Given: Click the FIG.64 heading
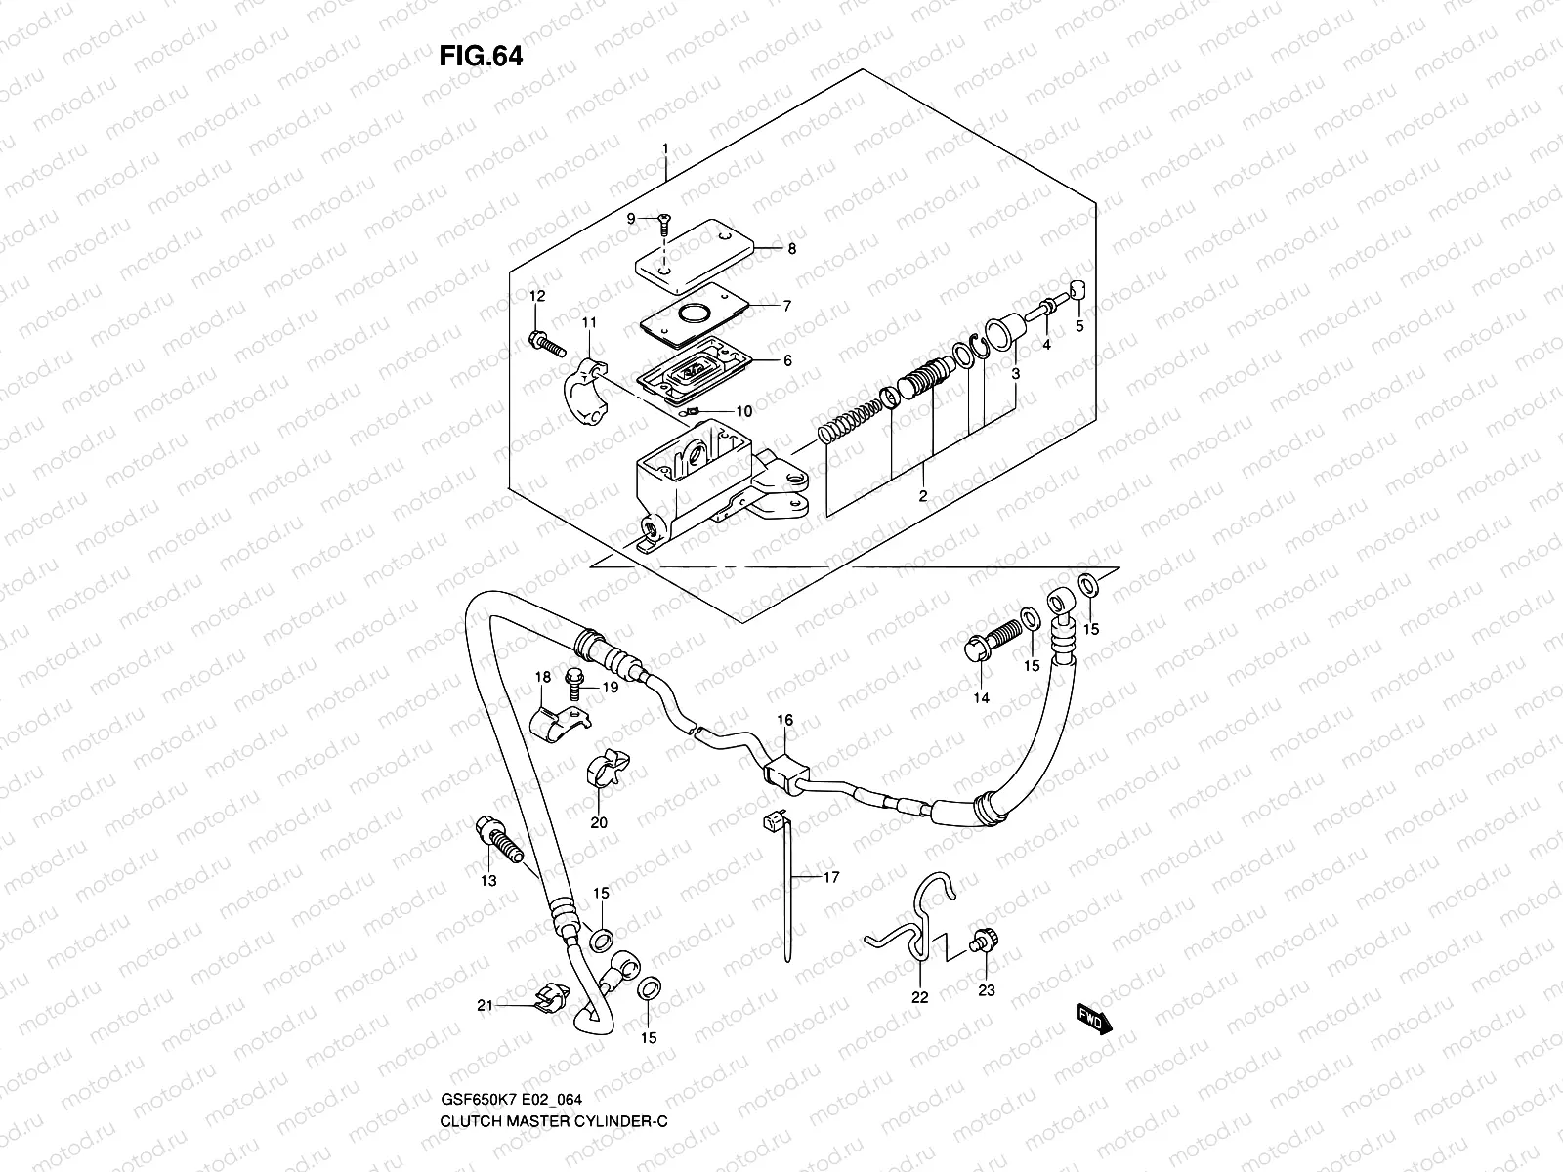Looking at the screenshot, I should point(481,56).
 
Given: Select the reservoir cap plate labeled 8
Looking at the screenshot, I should point(698,246).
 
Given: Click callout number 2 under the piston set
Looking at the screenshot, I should point(921,496).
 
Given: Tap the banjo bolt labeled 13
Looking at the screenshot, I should point(496,836).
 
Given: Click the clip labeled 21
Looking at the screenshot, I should point(553,998).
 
